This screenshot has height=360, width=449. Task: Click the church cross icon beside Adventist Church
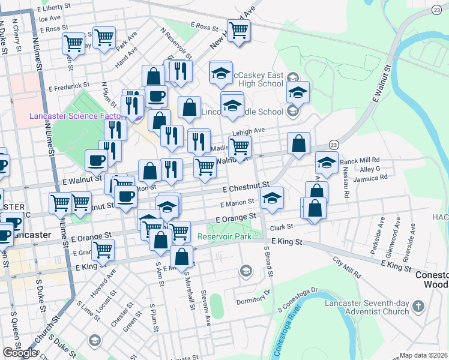[x=419, y=307]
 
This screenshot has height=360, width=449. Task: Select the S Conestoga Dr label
[x=297, y=299]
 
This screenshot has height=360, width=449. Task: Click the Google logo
[x=20, y=353]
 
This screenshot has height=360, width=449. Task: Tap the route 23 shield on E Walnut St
[x=333, y=145]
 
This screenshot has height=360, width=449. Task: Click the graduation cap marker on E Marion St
[x=273, y=198]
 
